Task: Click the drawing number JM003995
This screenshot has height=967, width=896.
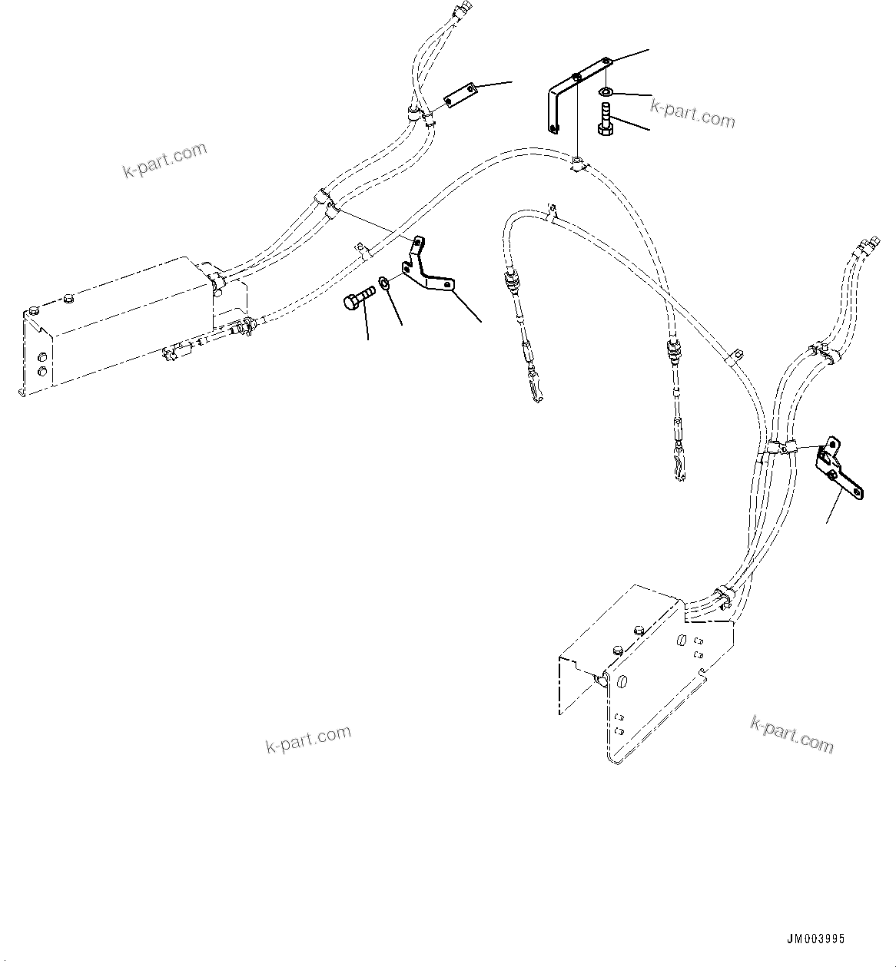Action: (x=815, y=939)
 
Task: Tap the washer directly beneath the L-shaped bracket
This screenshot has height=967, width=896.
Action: (x=606, y=93)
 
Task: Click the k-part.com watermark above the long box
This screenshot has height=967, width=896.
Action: (x=165, y=159)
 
